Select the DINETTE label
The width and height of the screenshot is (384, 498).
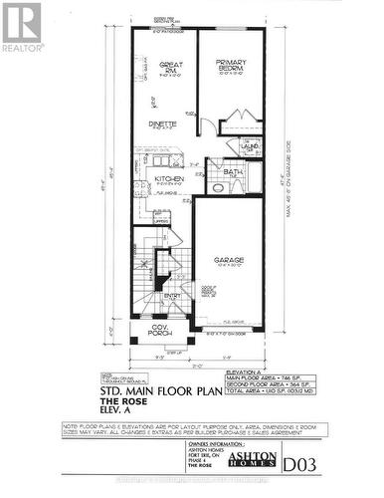click(163, 124)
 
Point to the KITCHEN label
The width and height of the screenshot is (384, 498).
click(169, 179)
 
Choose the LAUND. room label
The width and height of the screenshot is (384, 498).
click(250, 145)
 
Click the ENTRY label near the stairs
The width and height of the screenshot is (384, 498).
click(173, 296)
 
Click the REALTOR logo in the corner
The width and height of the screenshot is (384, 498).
click(22, 25)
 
